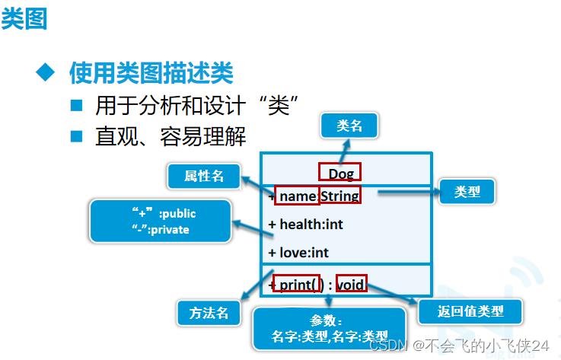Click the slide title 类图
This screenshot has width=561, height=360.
(24, 18)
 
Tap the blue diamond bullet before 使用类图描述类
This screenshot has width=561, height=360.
(47, 73)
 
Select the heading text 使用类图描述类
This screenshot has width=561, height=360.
(151, 73)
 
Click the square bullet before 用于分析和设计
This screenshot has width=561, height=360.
(76, 104)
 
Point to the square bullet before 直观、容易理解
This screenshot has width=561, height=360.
(76, 136)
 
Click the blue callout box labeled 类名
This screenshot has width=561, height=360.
(349, 126)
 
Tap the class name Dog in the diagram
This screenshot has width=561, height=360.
(340, 174)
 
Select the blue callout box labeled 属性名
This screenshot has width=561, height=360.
(204, 176)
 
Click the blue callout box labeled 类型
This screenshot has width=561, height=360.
(467, 191)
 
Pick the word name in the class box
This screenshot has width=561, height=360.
(297, 197)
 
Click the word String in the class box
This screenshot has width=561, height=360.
(339, 197)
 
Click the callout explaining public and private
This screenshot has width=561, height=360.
(161, 221)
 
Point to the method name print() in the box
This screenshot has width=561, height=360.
(296, 285)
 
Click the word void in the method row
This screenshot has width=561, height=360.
(351, 285)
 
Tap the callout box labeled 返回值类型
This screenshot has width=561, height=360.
(470, 311)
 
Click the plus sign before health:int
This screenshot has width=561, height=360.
(273, 225)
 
